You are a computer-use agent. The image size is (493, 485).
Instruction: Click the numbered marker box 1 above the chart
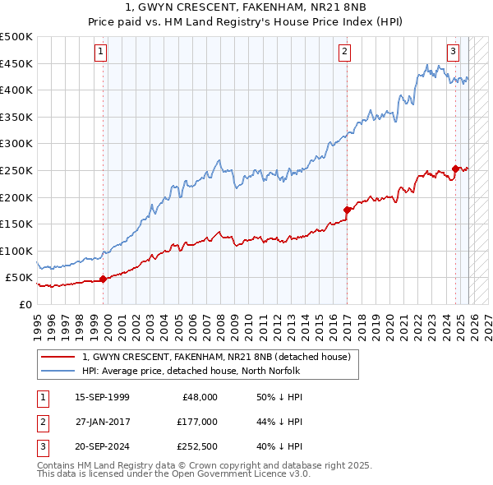pyautogui.click(x=99, y=52)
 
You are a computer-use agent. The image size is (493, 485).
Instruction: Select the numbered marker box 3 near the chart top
pyautogui.click(x=452, y=52)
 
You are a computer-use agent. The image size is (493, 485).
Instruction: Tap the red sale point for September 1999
pyautogui.click(x=103, y=279)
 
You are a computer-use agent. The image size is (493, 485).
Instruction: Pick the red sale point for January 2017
pyautogui.click(x=347, y=210)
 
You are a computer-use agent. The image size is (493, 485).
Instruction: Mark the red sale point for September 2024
pyautogui.click(x=455, y=169)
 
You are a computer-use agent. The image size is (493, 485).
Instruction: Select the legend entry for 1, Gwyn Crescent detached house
pyautogui.click(x=216, y=357)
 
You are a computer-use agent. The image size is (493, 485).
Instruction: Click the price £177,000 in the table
pyautogui.click(x=196, y=422)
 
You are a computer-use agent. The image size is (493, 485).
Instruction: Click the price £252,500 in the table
pyautogui.click(x=196, y=447)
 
